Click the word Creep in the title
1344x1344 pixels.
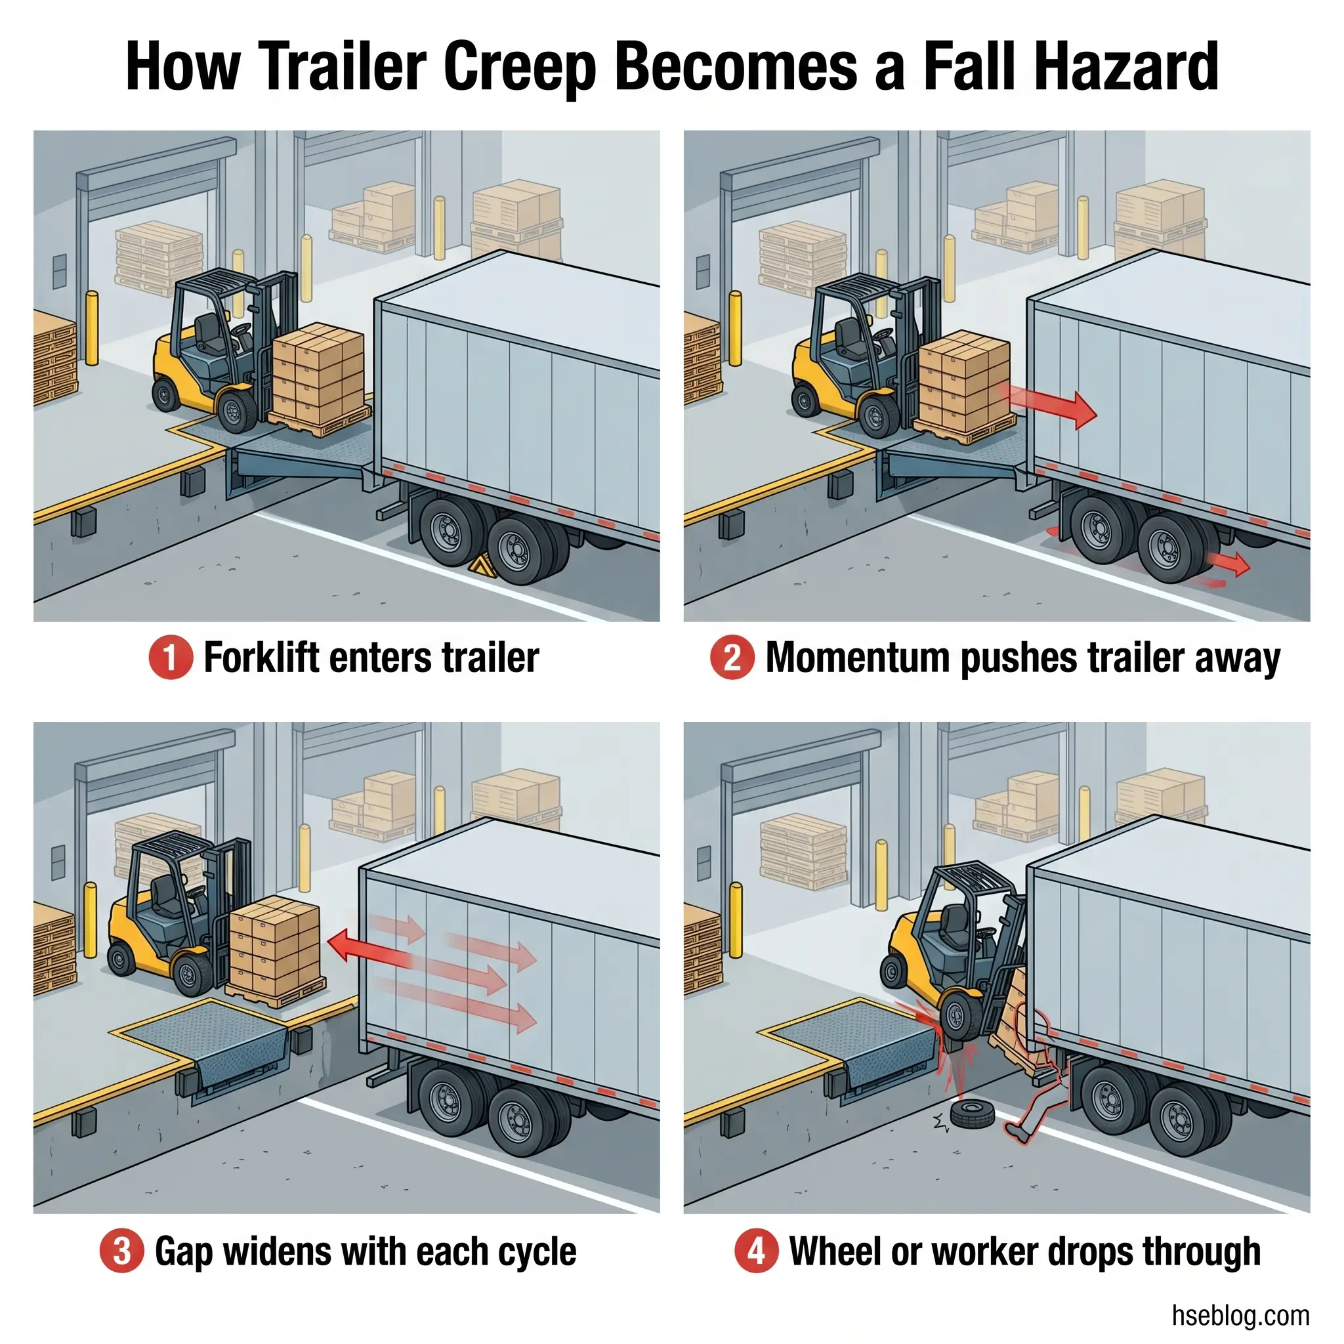(519, 68)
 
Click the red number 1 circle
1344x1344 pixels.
(171, 658)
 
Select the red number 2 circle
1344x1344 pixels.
(732, 658)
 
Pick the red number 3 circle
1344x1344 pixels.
(122, 1251)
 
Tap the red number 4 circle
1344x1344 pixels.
(756, 1251)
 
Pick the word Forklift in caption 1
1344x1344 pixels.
(262, 658)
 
